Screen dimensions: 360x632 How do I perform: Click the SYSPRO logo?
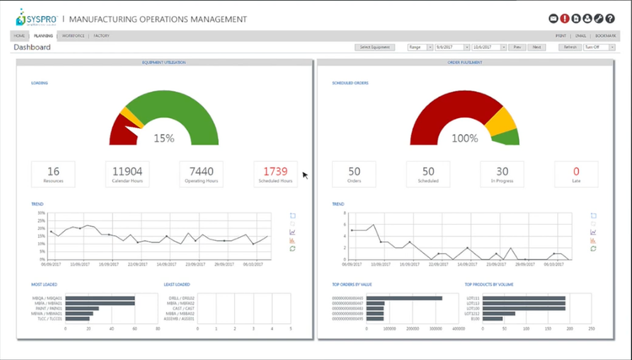[30, 19]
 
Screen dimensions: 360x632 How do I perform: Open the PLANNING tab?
[43, 36]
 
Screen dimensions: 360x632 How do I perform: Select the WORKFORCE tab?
[72, 36]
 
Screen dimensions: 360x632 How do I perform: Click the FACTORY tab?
[101, 36]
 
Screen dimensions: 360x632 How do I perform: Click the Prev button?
[518, 47]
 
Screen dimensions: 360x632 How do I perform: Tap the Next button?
[537, 47]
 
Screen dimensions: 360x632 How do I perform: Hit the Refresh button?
[570, 47]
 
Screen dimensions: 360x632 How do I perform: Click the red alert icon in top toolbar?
[565, 18]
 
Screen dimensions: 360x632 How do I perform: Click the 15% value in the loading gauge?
[163, 138]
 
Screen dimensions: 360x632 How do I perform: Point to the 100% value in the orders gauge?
[464, 138]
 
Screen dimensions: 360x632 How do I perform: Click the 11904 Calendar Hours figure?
[127, 170]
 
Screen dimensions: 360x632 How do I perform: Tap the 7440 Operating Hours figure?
[201, 170]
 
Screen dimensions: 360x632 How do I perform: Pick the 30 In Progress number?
[502, 170]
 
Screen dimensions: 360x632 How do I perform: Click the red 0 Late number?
[576, 170]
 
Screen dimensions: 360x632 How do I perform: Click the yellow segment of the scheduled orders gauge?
[503, 122]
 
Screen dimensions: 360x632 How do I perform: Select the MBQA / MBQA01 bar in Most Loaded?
[99, 298]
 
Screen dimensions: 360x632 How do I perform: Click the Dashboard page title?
[31, 48]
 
